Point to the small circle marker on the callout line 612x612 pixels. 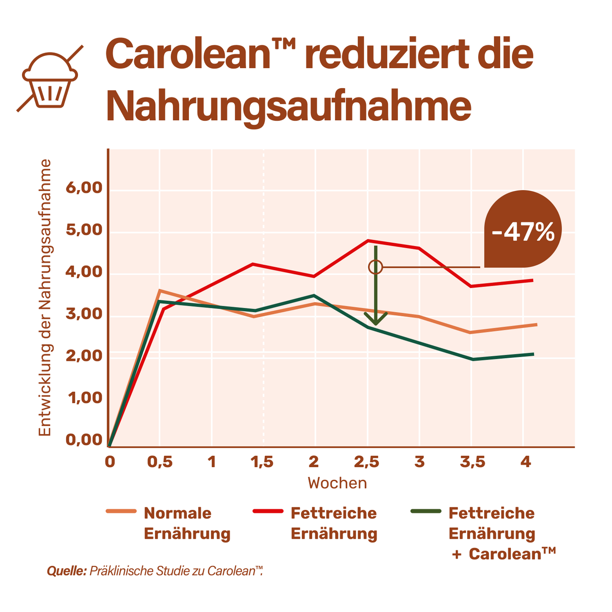[x=376, y=267]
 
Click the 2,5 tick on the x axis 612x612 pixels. [x=367, y=462]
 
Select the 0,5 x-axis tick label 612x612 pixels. [x=160, y=462]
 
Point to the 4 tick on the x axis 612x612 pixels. [x=526, y=462]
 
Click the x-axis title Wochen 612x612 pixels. [x=337, y=483]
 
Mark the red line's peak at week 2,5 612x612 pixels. [x=368, y=241]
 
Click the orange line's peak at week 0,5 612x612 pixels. [x=159, y=291]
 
